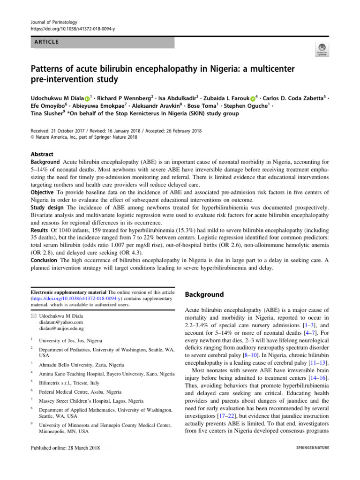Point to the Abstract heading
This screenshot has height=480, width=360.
[x=42, y=154]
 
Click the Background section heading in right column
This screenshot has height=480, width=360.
[x=204, y=294]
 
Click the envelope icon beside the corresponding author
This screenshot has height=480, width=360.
[x=33, y=316]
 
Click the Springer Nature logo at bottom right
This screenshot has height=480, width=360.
[x=313, y=448]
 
